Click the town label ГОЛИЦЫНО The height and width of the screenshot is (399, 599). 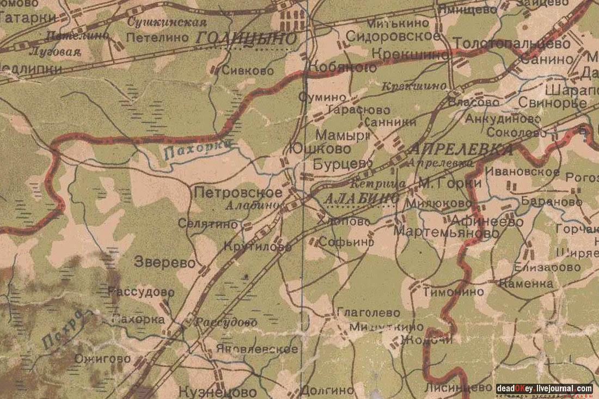(x=246, y=39)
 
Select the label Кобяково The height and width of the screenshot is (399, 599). (x=342, y=67)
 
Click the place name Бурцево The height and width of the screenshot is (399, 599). (x=343, y=163)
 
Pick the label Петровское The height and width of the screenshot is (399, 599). (x=238, y=193)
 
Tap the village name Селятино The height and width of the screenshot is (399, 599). (x=208, y=224)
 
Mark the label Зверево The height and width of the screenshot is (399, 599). (x=164, y=262)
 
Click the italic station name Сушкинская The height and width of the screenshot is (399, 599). (x=167, y=23)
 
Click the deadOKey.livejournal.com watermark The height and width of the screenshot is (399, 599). (x=544, y=389)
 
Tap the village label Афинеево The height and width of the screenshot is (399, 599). (x=485, y=222)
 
